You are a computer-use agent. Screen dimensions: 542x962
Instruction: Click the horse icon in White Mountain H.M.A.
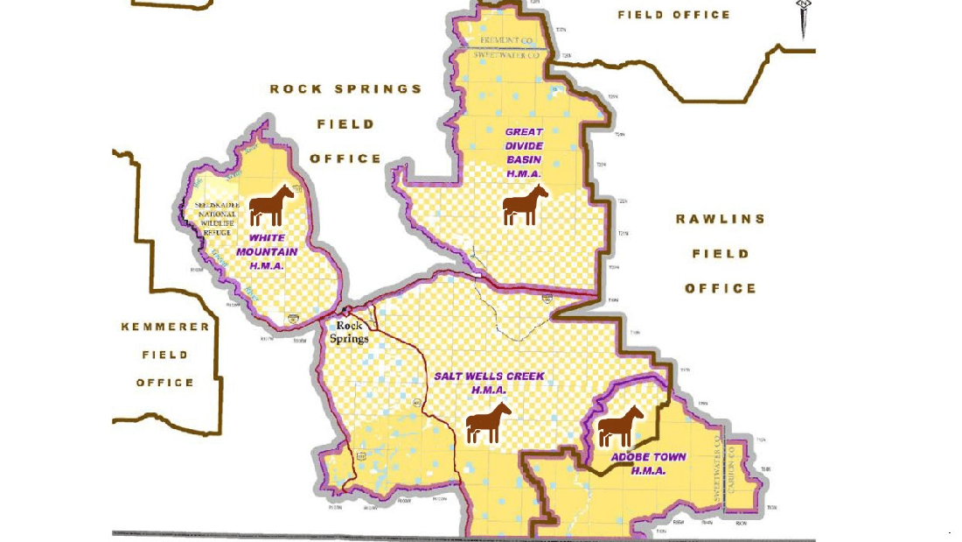271,205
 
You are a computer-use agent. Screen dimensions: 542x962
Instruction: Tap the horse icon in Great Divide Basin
525,205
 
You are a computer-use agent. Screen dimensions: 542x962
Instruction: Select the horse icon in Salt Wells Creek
488,423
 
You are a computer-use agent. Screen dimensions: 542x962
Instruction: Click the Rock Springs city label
348,333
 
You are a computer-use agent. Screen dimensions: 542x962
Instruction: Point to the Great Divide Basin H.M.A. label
524,153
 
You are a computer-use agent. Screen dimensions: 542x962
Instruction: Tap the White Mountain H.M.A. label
273,251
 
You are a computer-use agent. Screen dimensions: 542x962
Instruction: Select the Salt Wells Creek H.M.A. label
490,383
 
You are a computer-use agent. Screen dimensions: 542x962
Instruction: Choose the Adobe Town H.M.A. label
649,463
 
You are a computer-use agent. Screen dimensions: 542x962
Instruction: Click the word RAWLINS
720,219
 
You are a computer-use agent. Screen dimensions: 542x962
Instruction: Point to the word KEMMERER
165,327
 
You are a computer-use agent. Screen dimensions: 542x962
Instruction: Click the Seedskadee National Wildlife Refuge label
213,218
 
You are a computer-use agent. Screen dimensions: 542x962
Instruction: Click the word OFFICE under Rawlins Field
720,288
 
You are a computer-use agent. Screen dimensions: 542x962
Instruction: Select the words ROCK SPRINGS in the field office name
345,88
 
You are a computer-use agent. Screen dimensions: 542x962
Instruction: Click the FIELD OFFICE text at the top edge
673,15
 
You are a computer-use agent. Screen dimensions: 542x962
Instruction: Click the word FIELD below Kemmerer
165,355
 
